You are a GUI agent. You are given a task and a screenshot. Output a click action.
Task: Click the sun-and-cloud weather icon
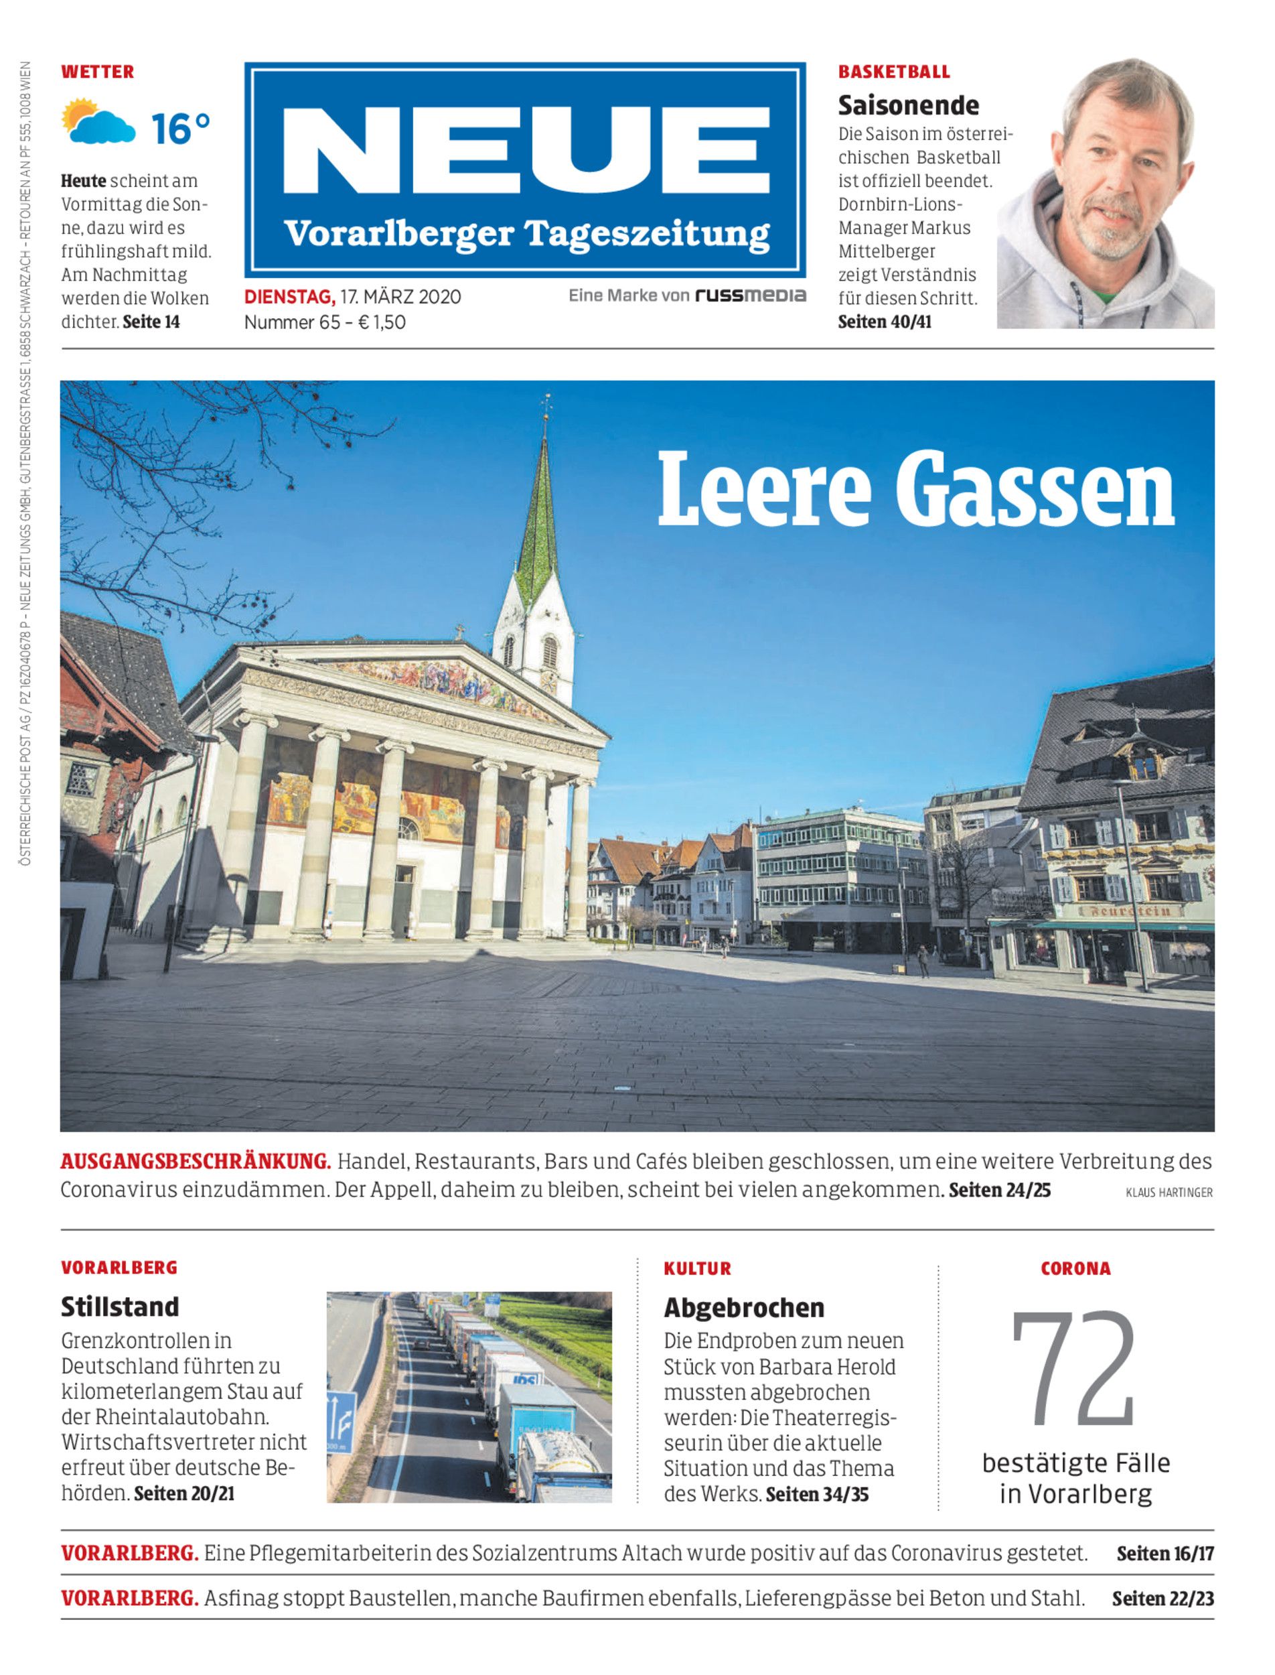tap(98, 121)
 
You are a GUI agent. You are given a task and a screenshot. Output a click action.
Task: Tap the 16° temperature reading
tap(180, 127)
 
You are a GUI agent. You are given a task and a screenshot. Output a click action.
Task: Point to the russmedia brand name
tap(751, 295)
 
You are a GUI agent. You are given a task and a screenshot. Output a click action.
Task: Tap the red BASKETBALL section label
tap(893, 72)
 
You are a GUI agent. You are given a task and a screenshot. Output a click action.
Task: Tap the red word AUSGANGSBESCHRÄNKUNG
tap(196, 1162)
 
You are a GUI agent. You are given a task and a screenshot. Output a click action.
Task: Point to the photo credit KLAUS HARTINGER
tap(1169, 1193)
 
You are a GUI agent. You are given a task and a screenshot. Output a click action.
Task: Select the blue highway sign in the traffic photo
tap(342, 1419)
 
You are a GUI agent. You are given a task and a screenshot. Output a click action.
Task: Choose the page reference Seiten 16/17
tap(1165, 1554)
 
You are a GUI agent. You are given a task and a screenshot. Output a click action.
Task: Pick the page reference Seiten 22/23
tap(1162, 1599)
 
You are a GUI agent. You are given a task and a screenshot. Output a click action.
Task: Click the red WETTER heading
tap(97, 72)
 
